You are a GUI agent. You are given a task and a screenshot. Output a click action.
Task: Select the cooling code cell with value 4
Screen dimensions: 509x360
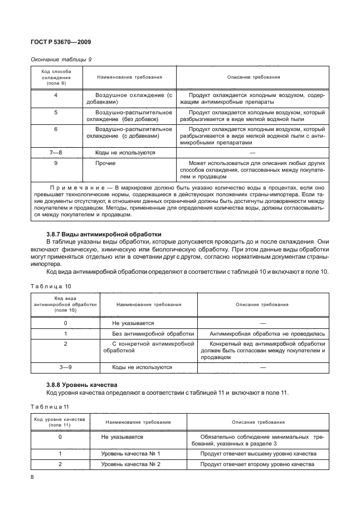[56, 95]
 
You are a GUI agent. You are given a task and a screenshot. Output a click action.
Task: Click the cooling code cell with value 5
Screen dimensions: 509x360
[56, 112]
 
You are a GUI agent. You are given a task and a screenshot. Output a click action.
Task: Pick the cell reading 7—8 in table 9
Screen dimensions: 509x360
[56, 152]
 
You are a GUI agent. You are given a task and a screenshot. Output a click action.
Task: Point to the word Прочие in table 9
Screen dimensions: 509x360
[105, 163]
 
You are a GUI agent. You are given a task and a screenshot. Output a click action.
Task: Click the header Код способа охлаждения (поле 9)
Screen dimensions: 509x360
[56, 77]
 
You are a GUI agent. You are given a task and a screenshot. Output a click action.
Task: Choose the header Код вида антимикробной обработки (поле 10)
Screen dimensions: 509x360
[65, 305]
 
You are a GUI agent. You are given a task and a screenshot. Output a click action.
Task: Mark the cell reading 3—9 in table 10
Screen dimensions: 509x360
[65, 367]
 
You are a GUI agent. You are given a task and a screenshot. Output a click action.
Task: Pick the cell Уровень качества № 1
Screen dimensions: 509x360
[130, 454]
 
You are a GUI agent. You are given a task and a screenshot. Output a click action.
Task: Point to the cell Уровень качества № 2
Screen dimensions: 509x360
[130, 464]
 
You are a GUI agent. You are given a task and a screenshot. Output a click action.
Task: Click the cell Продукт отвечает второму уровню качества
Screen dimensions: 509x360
[257, 464]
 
